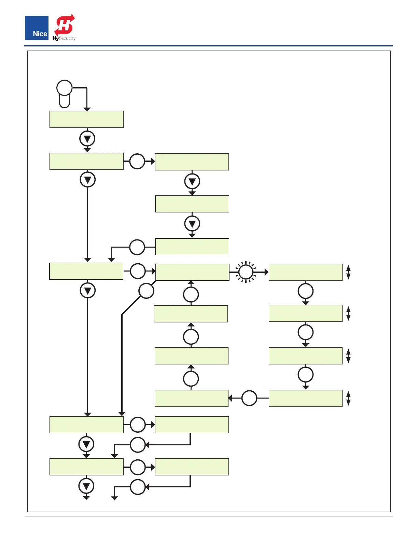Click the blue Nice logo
coord(37,28)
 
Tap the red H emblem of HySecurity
coord(65,25)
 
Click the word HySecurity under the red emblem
coord(65,39)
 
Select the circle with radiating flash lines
coord(246,272)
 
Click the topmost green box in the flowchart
coord(86,120)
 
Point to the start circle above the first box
coord(64,88)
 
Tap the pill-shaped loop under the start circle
coord(65,101)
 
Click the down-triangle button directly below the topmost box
coord(87,139)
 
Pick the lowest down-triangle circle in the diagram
coord(86,486)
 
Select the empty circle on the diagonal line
coord(146,291)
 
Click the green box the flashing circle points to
coord(305,272)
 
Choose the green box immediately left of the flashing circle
coord(192,272)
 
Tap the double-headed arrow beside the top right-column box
coord(348,272)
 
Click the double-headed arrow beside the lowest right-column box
coord(348,398)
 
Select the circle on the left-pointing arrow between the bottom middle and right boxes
coord(249,398)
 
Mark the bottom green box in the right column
coord(305,398)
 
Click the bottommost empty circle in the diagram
coord(138,487)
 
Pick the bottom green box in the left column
coord(86,467)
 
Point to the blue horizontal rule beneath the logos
coord(208,46)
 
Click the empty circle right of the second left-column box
coord(137,161)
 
